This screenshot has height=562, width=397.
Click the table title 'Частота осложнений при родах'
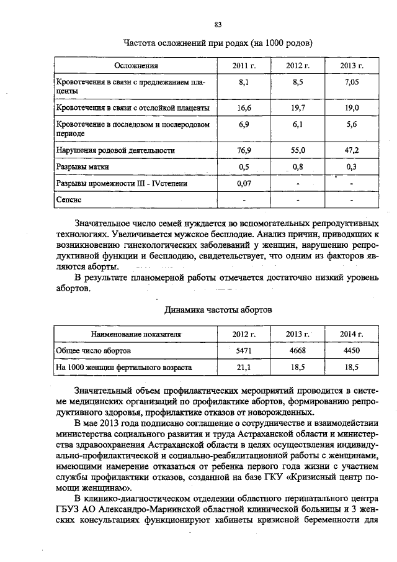coord(217,43)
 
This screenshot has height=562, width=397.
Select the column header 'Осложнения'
coord(136,65)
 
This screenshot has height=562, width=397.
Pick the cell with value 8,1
coord(244,82)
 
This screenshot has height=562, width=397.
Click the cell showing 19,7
coord(298,107)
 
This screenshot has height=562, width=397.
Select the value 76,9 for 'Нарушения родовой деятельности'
coord(244,150)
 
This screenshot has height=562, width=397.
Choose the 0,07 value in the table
coord(244,184)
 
